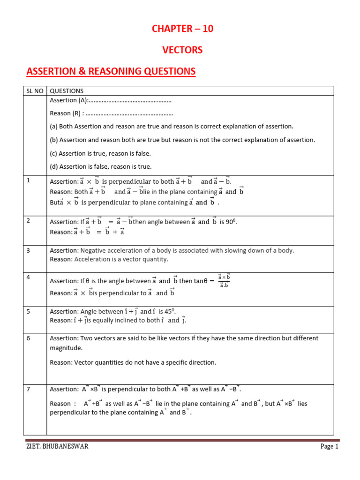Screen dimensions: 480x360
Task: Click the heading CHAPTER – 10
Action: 182,29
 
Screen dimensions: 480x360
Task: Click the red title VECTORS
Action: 182,50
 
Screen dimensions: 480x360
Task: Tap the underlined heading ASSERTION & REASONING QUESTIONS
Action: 111,71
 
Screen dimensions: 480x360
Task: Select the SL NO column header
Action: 35,91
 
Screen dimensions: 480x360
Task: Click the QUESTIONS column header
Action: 67,91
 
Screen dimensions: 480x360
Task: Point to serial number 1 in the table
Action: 28,180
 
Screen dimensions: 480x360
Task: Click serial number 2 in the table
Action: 28,220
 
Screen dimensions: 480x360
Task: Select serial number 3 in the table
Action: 28,250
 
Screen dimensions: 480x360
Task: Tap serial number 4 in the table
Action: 28,277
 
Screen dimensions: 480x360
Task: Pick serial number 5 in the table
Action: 28,311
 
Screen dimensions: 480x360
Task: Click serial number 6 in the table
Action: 28,338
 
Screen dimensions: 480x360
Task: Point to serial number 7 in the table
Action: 28,389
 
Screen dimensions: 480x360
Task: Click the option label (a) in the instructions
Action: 53,127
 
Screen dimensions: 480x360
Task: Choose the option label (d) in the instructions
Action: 53,166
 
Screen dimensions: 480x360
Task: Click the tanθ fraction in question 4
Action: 224,281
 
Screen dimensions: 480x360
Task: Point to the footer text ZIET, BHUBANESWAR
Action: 57,447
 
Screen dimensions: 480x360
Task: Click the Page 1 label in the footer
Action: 329,447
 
